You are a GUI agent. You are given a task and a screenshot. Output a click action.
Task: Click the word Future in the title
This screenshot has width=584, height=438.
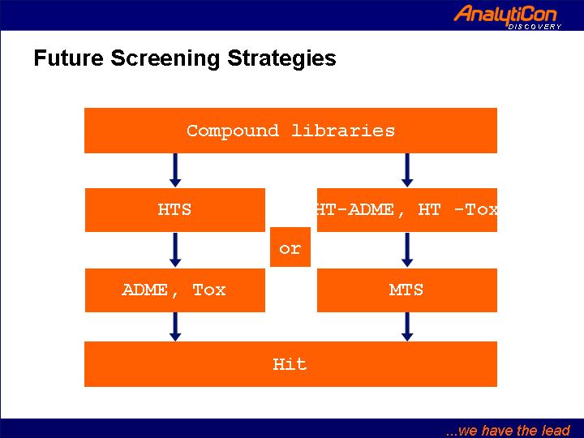pos(68,58)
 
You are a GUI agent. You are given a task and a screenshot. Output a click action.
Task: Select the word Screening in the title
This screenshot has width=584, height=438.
pos(165,59)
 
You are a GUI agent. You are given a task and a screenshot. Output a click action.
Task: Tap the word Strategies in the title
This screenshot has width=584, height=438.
pos(281,59)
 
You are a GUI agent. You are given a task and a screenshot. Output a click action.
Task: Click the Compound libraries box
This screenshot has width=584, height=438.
pos(290,131)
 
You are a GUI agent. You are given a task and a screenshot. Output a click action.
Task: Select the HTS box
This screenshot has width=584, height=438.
pos(175,210)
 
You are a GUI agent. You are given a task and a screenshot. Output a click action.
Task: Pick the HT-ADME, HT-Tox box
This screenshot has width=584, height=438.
pos(407,210)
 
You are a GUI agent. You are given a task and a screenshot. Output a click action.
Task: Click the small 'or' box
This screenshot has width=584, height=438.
pos(290,247)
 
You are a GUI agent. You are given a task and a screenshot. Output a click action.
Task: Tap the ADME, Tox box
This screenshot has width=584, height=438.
pos(175,290)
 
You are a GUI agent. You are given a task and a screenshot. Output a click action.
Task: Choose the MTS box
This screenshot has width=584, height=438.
pos(407,290)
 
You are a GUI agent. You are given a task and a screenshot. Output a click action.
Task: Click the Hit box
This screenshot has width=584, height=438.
pos(290,364)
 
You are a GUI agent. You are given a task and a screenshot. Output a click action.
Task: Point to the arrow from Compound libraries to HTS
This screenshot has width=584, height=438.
pos(175,170)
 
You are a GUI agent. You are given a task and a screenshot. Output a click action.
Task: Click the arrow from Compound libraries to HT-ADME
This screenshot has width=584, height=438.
pos(407,170)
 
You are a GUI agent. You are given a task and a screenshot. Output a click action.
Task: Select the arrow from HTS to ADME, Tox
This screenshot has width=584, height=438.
pos(175,250)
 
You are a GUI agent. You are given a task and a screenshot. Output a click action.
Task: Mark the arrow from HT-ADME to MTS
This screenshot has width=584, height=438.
pos(407,250)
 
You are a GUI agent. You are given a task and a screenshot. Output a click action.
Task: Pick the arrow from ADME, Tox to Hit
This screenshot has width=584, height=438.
pos(175,327)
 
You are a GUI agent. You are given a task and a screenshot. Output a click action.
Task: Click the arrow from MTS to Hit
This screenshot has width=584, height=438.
pos(407,327)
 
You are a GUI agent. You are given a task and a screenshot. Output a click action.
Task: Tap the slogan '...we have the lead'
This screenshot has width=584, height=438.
pos(508,430)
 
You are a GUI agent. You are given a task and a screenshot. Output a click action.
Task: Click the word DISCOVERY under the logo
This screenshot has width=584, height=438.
pos(535,27)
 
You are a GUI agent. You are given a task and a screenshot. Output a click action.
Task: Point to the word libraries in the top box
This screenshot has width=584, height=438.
pos(343,131)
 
